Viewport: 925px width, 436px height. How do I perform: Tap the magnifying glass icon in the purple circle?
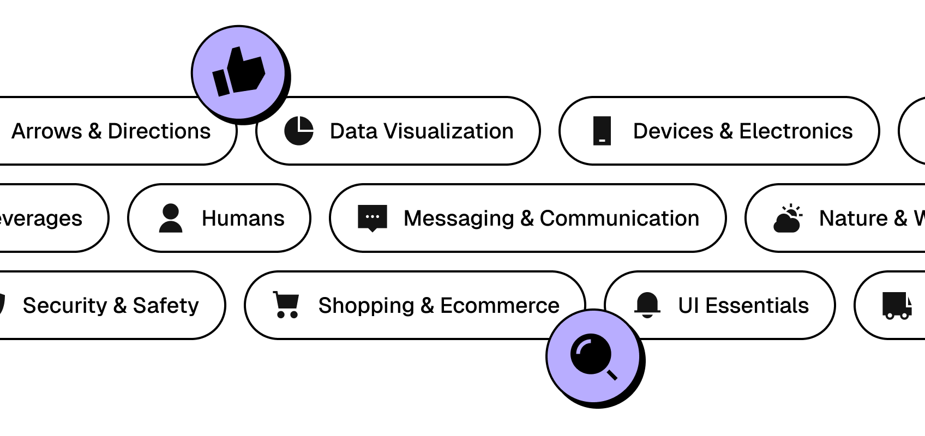[x=593, y=357]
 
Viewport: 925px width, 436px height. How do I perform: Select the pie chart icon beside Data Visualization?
[x=299, y=131]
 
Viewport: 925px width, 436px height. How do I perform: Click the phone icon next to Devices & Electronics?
[x=602, y=131]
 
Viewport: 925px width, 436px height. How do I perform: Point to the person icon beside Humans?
[x=171, y=218]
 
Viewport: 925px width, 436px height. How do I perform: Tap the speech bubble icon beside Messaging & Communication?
[x=373, y=218]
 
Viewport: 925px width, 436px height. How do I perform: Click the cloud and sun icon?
[x=788, y=219]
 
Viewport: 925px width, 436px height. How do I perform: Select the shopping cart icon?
[x=286, y=305]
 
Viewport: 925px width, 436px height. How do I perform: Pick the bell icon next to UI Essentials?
[x=647, y=305]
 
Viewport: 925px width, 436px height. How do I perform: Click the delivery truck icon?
[x=897, y=305]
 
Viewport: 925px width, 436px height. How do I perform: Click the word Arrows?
[x=47, y=131]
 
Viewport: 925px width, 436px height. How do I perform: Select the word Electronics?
[x=796, y=131]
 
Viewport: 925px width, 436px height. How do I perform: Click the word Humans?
[x=243, y=219]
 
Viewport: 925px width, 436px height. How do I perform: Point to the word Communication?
[x=619, y=219]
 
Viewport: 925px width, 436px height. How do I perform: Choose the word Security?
[x=65, y=306]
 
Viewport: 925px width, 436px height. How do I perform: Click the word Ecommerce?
[x=500, y=306]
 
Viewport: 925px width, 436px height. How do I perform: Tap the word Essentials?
[x=757, y=306]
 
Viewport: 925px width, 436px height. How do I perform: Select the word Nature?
[x=854, y=219]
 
